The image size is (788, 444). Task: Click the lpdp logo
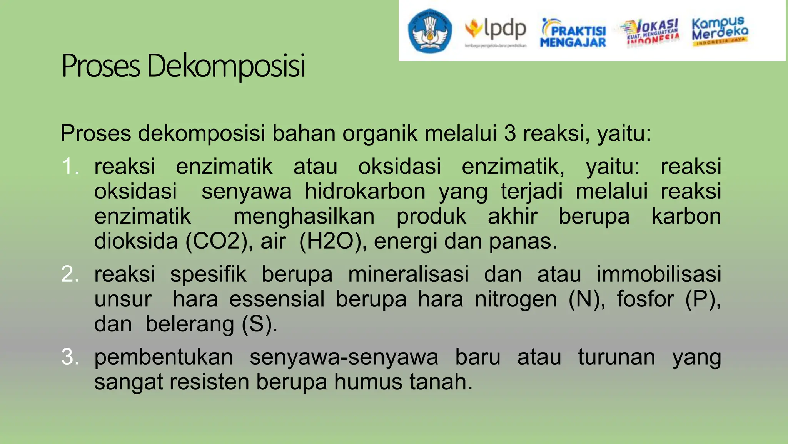(496, 31)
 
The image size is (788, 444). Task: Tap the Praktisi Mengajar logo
(573, 33)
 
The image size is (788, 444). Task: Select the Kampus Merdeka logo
(720, 31)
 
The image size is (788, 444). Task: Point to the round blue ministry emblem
(430, 31)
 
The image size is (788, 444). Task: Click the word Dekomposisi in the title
(226, 66)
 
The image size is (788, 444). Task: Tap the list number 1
(70, 166)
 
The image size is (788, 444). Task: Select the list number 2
(70, 274)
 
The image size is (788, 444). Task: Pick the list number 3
(70, 357)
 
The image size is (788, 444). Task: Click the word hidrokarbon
(365, 192)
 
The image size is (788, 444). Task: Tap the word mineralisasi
(408, 274)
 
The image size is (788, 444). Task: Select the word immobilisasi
(659, 274)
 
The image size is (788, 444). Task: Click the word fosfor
(645, 299)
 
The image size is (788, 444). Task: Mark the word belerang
(190, 325)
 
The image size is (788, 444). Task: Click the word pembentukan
(164, 357)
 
